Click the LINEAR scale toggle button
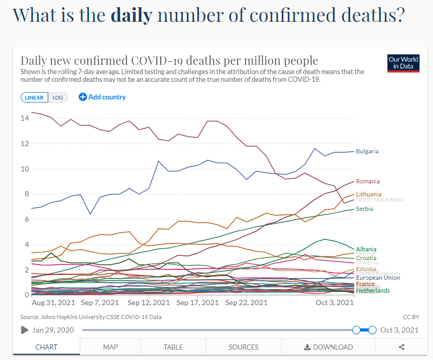35,97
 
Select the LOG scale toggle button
57,97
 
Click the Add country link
102,97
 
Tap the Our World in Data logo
403,63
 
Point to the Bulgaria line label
367,151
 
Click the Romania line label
368,181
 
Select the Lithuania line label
369,194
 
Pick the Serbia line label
365,209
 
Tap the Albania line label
366,249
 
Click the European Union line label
378,278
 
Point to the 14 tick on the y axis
25,118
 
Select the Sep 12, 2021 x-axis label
148,303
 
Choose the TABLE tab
173,347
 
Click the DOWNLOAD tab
328,347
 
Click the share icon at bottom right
401,347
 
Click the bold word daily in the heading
132,15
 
